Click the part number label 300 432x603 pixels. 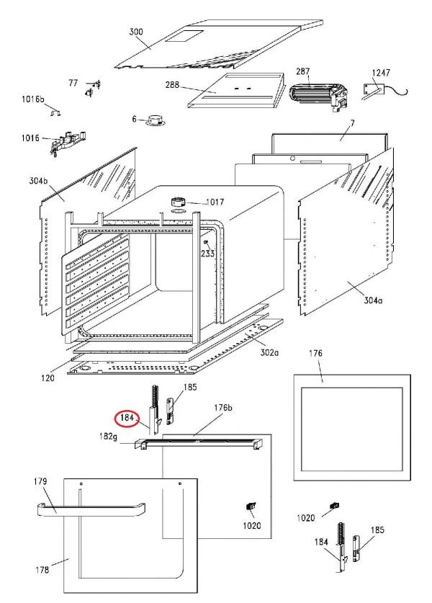tap(137, 32)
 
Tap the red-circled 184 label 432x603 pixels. tap(127, 417)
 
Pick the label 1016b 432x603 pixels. tap(32, 98)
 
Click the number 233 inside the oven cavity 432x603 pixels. tap(207, 254)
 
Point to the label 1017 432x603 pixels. tap(216, 202)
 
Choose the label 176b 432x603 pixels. tap(224, 408)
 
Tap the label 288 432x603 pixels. tap(172, 85)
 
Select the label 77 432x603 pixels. tap(73, 83)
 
